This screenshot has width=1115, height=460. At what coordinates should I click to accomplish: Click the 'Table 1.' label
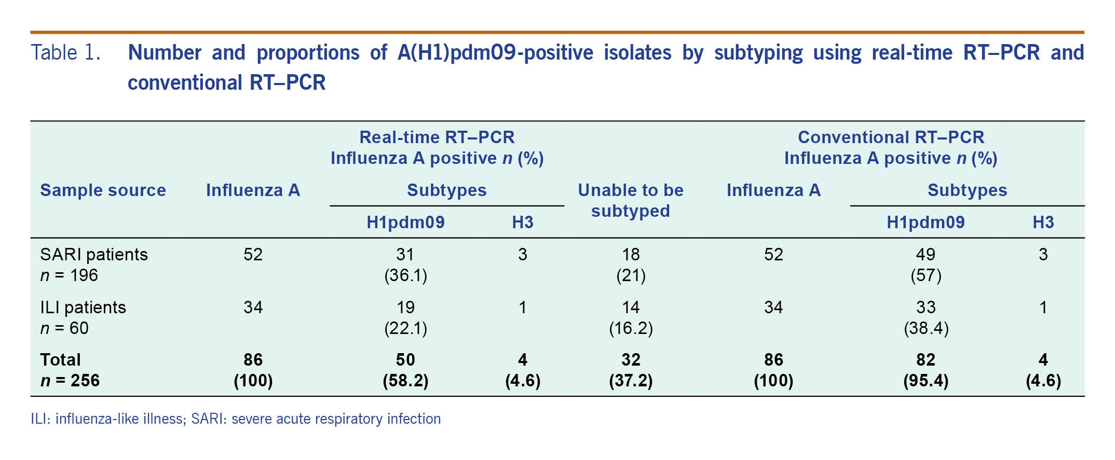click(65, 52)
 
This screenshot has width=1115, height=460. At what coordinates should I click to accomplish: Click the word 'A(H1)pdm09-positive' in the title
click(495, 52)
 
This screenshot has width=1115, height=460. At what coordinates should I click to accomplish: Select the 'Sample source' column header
click(103, 190)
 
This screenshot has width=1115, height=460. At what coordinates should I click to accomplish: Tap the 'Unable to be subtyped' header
click(630, 201)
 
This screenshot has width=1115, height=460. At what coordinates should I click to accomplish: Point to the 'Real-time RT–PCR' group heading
click(437, 137)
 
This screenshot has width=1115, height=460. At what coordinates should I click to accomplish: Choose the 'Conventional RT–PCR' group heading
click(891, 137)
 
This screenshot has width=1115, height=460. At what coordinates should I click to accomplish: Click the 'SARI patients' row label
click(94, 254)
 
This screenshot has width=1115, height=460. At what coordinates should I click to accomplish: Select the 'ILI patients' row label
click(83, 307)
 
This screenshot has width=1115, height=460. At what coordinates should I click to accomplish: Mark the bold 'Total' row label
click(60, 359)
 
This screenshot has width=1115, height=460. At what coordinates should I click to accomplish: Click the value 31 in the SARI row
click(405, 254)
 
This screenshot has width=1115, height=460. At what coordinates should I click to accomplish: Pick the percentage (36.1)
click(405, 275)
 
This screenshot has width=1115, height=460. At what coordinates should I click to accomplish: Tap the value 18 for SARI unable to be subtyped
click(631, 254)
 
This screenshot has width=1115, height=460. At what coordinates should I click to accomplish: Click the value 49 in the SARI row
click(926, 254)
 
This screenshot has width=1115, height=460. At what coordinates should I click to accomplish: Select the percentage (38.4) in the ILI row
click(926, 328)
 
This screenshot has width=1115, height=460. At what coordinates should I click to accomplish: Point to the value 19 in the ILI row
click(405, 307)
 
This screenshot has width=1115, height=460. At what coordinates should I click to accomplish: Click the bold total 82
click(926, 359)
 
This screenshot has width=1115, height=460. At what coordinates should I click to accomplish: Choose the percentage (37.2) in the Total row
click(631, 381)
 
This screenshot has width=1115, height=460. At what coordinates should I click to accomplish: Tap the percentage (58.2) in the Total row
click(405, 381)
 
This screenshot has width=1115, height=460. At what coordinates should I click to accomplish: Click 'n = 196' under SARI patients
click(69, 275)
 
